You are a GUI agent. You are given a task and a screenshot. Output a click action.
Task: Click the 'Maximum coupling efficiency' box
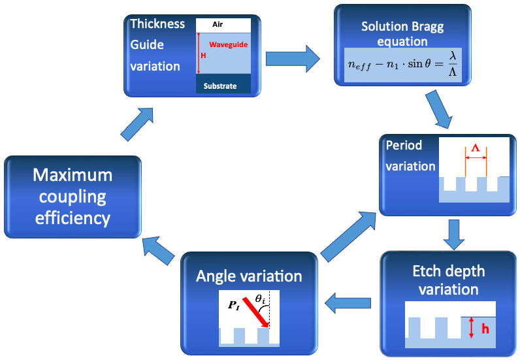coord(72,196)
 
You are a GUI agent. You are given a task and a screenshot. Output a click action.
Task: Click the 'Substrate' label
coord(220,86)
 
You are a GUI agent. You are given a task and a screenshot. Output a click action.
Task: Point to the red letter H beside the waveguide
coord(203,56)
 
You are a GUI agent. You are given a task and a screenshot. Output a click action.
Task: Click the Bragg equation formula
coord(404,64)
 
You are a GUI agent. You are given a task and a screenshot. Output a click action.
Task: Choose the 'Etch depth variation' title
coord(448,279)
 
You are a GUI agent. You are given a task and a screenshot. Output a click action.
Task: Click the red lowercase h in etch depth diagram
coord(485,329)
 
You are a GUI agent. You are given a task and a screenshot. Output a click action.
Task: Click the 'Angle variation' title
coord(249,276)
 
